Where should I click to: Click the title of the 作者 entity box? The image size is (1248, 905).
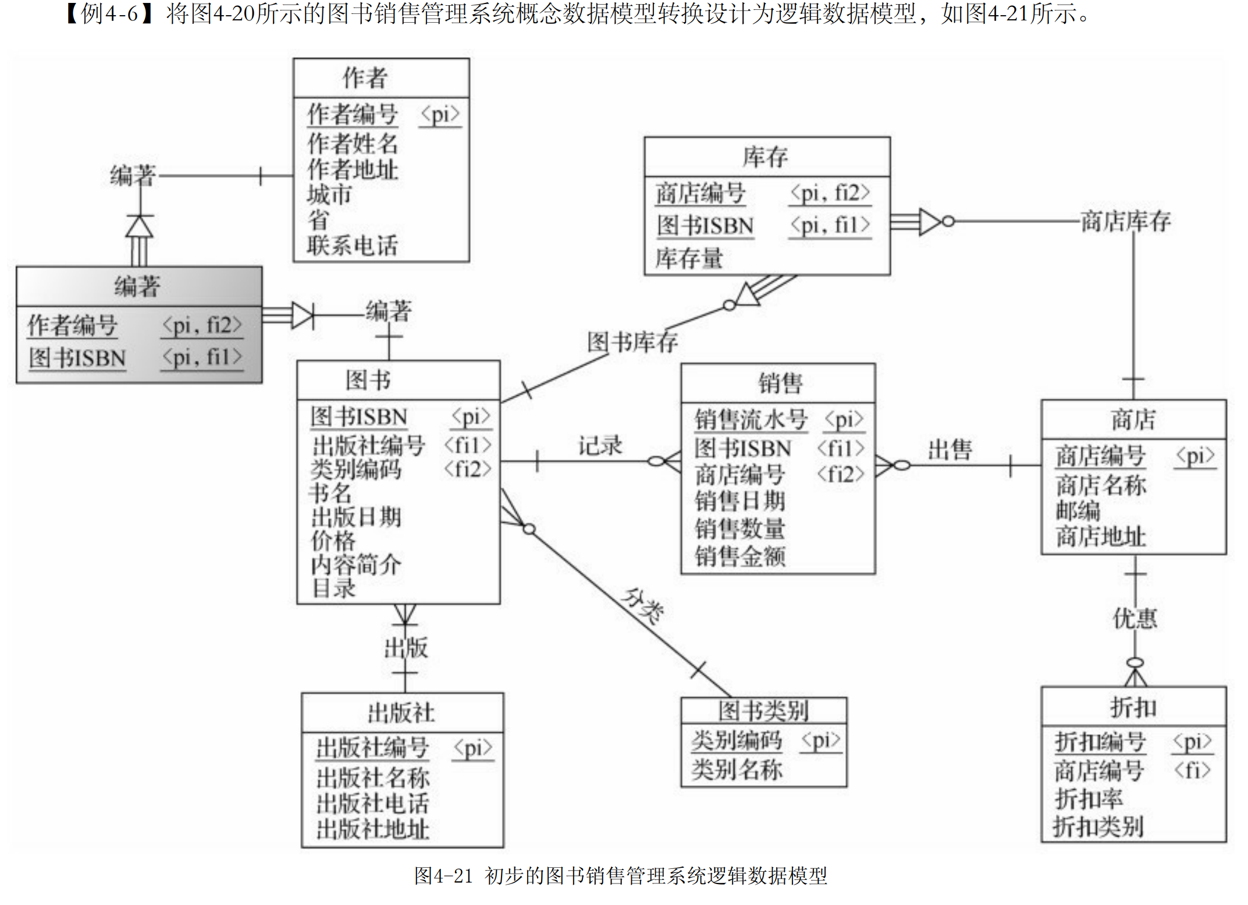pyautogui.click(x=365, y=78)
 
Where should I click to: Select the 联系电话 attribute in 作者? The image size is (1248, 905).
pyautogui.click(x=353, y=246)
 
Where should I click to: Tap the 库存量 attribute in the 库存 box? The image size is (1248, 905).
pyautogui.click(x=689, y=258)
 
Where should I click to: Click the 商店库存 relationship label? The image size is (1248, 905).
pyautogui.click(x=1125, y=221)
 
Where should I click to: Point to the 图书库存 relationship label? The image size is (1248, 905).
pyautogui.click(x=632, y=342)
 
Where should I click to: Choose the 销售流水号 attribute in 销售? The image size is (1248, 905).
pyautogui.click(x=751, y=419)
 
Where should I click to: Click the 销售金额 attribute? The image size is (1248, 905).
pyautogui.click(x=740, y=556)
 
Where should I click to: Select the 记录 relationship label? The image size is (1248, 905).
pyautogui.click(x=600, y=446)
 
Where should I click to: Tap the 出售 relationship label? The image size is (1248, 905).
pyautogui.click(x=950, y=450)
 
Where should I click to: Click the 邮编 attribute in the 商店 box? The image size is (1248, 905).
pyautogui.click(x=1078, y=510)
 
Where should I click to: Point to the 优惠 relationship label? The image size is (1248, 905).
pyautogui.click(x=1135, y=618)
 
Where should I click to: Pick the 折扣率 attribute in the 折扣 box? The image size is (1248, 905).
pyautogui.click(x=1089, y=798)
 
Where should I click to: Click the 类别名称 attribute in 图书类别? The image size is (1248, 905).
pyautogui.click(x=737, y=770)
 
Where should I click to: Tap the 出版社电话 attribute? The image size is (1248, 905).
pyautogui.click(x=372, y=804)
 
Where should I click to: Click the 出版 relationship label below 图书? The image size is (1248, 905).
pyautogui.click(x=406, y=647)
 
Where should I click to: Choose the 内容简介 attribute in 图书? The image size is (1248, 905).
pyautogui.click(x=355, y=565)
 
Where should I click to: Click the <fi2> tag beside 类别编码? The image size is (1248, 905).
pyautogui.click(x=468, y=469)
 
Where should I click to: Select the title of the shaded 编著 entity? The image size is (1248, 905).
pyautogui.click(x=137, y=286)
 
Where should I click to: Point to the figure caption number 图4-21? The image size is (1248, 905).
pyautogui.click(x=443, y=875)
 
